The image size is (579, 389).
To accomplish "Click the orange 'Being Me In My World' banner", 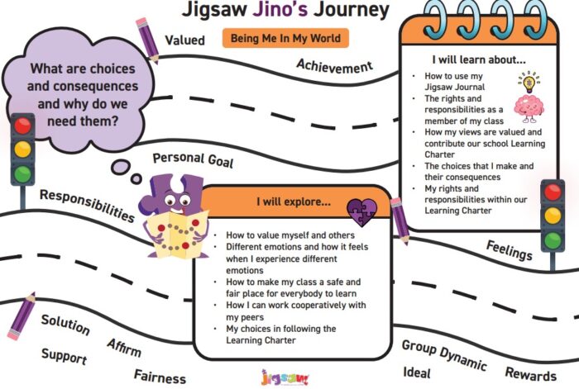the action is click(x=285, y=38).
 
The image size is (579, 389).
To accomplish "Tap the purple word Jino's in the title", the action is click(x=280, y=9).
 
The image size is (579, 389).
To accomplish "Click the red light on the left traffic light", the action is click(x=22, y=126).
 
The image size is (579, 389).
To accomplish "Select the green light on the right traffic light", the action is click(x=553, y=240).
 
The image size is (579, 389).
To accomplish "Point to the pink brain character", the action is click(x=529, y=108).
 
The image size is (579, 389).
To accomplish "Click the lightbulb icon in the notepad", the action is click(x=529, y=82).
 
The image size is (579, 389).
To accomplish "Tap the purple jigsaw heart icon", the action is click(x=362, y=212).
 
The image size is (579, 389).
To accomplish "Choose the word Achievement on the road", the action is click(x=334, y=66).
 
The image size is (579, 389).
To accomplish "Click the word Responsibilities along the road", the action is click(x=87, y=206).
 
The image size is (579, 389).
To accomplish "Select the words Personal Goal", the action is click(x=193, y=160).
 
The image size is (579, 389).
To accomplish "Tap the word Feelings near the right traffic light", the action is click(x=510, y=250).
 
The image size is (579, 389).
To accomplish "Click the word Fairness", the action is click(x=160, y=377).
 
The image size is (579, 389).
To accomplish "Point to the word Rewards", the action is click(x=531, y=374).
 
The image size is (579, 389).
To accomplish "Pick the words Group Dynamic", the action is click(x=444, y=354).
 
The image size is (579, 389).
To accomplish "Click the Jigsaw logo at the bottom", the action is click(x=285, y=378).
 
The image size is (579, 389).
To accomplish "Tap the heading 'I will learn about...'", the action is click(x=479, y=59).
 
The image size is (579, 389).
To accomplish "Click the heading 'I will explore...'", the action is click(x=294, y=202).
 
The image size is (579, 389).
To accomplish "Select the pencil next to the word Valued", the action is click(x=147, y=40).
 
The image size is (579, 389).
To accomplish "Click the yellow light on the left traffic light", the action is click(x=22, y=149).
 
